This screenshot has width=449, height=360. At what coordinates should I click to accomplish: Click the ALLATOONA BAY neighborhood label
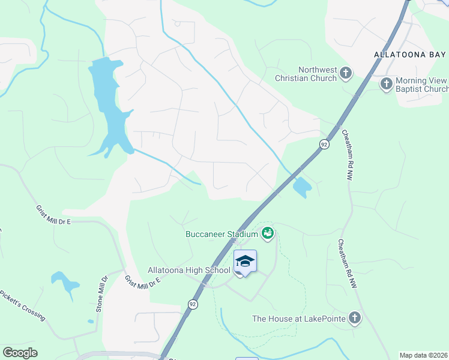tap(411, 54)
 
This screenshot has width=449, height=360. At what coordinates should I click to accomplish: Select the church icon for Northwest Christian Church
tap(346, 74)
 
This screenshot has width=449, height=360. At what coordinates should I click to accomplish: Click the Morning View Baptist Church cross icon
tap(387, 85)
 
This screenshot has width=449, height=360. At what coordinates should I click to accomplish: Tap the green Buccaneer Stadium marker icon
tap(268, 232)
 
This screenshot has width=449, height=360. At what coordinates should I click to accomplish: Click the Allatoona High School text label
tap(189, 271)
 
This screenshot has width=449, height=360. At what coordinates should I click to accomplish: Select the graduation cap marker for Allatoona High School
tap(245, 261)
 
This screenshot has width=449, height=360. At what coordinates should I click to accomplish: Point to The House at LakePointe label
tap(298, 319)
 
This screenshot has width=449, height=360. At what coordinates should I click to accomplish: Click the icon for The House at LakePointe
tap(355, 318)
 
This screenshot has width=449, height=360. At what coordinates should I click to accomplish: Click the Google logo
tap(20, 353)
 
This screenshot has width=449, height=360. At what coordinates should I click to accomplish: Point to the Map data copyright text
tap(424, 355)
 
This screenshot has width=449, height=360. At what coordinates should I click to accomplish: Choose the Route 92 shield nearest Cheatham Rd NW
tap(324, 145)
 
